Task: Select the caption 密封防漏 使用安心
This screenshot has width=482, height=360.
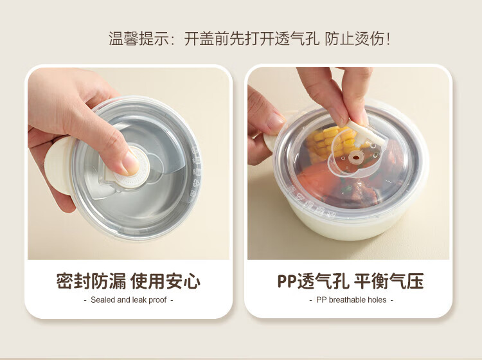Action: pyautogui.click(x=129, y=281)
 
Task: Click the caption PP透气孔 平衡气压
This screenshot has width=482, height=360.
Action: pyautogui.click(x=350, y=281)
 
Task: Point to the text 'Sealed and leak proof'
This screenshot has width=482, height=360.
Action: pyautogui.click(x=129, y=300)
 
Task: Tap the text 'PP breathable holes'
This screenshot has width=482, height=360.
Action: pyautogui.click(x=351, y=300)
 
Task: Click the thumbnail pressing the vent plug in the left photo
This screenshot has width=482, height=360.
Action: pyautogui.click(x=131, y=162)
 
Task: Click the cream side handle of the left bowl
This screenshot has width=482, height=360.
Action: pyautogui.click(x=59, y=165)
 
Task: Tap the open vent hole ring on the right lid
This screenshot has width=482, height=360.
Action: pyautogui.click(x=355, y=157)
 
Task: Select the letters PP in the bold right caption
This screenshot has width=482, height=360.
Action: pyautogui.click(x=287, y=281)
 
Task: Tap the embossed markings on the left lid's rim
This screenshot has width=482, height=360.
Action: pyautogui.click(x=196, y=172)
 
